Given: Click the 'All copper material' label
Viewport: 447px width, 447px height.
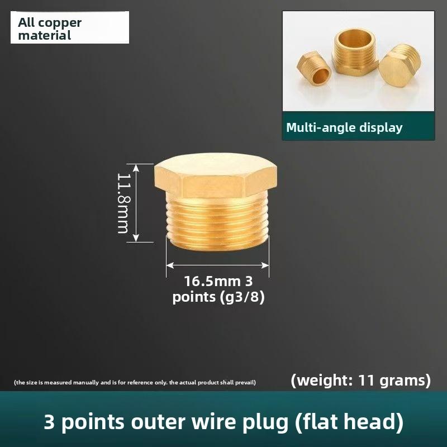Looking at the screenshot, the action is click(50, 29).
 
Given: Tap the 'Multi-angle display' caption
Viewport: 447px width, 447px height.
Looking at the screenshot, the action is click(344, 127).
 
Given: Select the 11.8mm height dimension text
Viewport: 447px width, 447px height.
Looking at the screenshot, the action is click(124, 203).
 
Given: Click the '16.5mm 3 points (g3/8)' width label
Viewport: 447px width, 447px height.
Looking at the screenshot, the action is click(218, 289).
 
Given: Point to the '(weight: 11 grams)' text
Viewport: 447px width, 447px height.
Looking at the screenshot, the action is click(360, 381).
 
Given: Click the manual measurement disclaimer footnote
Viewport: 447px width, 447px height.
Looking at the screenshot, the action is click(135, 382).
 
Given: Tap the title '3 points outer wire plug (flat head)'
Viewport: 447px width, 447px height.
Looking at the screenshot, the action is click(224, 422).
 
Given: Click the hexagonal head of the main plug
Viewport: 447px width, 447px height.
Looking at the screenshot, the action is click(216, 175).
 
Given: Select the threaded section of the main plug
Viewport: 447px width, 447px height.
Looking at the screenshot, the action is click(217, 224).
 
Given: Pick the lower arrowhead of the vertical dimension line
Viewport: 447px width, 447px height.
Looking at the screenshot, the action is click(136, 239).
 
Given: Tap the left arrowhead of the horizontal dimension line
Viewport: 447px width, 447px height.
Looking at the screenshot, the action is click(170, 265).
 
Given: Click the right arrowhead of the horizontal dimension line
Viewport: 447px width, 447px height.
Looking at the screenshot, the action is click(265, 265).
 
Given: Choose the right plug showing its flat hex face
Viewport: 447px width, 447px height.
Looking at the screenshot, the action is click(400, 66).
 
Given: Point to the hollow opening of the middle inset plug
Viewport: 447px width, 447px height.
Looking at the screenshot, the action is click(354, 39).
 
